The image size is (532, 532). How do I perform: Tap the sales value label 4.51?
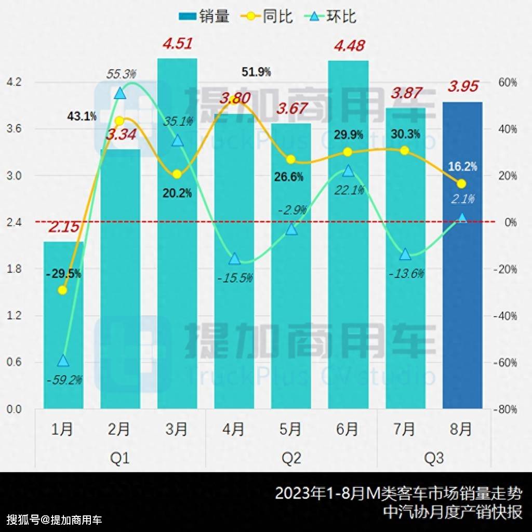[x=177, y=43]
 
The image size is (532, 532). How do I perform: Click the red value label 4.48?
[x=348, y=45]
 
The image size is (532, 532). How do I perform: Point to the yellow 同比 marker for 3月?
[x=177, y=174]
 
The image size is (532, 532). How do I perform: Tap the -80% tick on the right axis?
[x=505, y=409]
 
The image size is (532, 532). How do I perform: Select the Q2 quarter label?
[x=291, y=459]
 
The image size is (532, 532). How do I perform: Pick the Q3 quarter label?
[x=434, y=459]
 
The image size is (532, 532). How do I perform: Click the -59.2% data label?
[x=64, y=380]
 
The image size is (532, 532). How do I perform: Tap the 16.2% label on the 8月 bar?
[x=462, y=166]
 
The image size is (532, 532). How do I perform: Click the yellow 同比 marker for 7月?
[x=405, y=151]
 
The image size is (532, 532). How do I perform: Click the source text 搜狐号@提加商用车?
[x=55, y=519]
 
